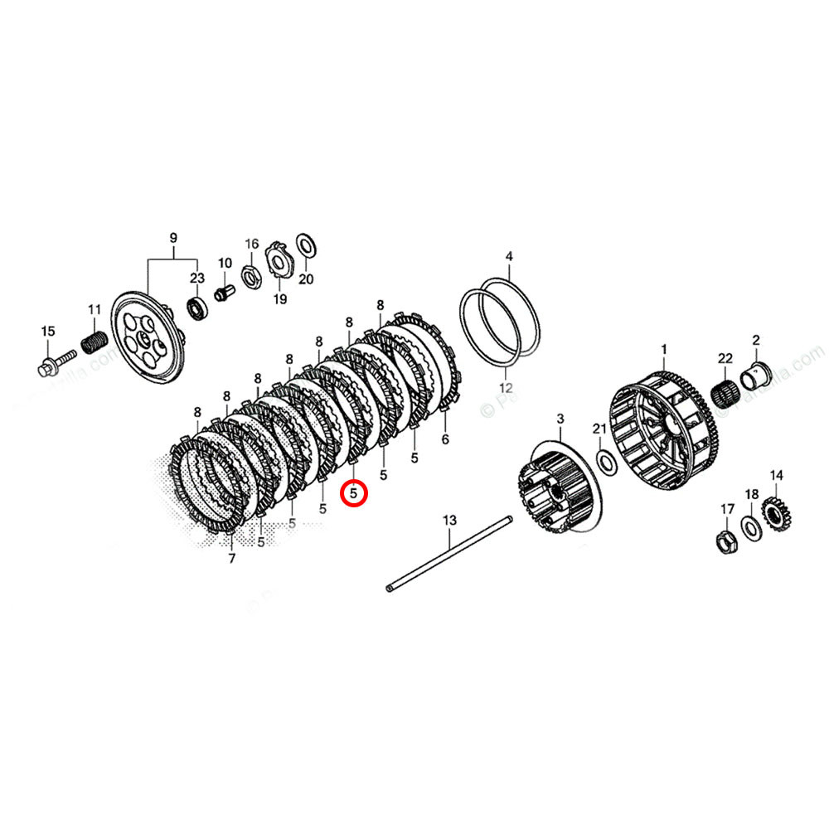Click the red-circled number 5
point(354,493)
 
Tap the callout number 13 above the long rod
point(449,521)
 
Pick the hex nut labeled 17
point(725,541)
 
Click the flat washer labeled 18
point(750,526)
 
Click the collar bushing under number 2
point(758,374)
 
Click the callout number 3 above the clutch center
point(560,418)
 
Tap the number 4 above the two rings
point(509,256)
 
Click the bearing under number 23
point(197,307)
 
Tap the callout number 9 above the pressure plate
point(173,239)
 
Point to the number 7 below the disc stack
point(231,559)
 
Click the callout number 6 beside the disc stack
point(444,439)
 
